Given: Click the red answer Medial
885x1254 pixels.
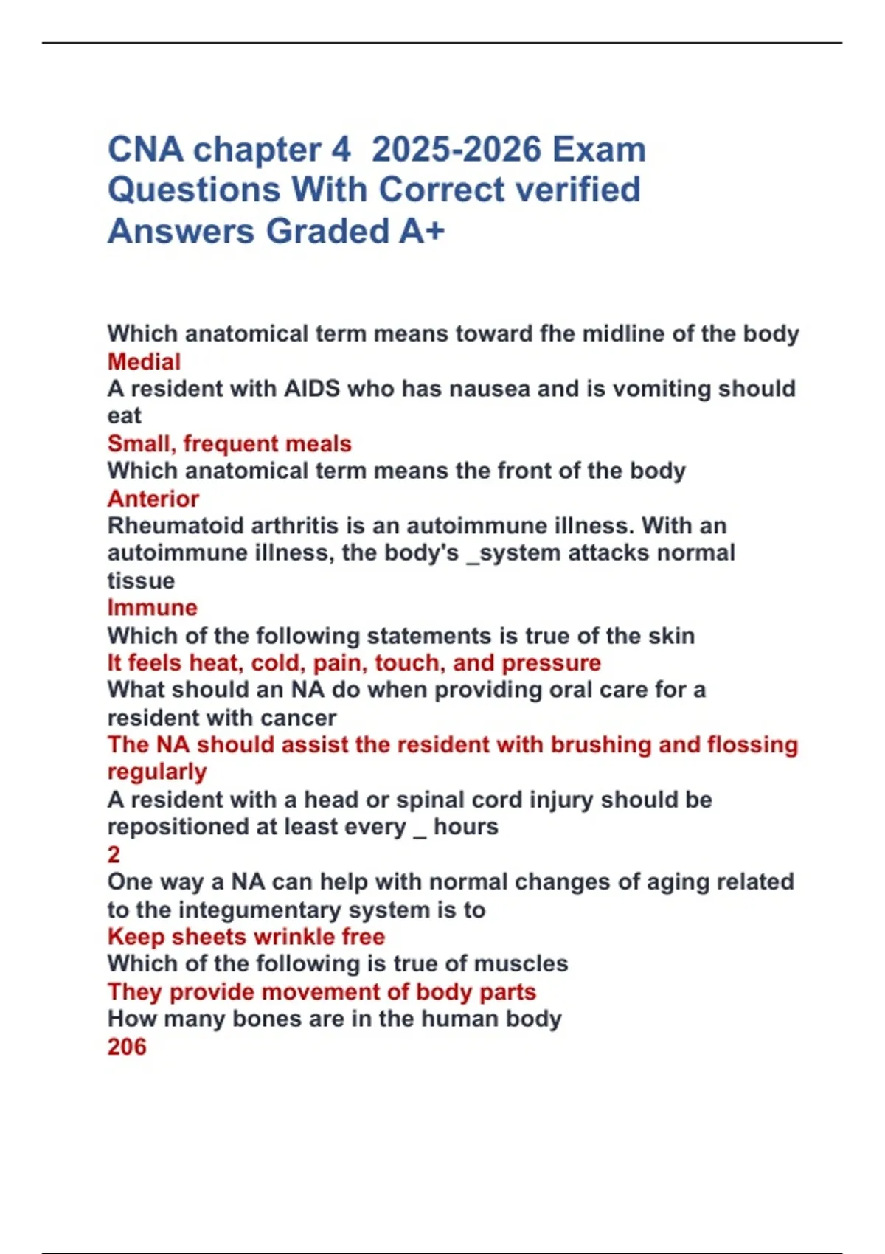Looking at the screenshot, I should click(x=144, y=361).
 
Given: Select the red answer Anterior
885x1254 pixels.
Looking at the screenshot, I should click(x=153, y=499).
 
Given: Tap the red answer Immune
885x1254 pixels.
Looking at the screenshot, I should click(x=153, y=608).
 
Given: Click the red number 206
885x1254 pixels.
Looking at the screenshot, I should click(x=127, y=1047).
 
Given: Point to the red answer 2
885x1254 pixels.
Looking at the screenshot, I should click(x=114, y=854).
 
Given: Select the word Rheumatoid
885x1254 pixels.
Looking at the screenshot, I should click(x=176, y=526).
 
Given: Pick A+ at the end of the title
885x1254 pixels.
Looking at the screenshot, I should click(x=423, y=231).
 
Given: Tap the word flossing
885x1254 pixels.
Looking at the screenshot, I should click(x=752, y=745).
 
